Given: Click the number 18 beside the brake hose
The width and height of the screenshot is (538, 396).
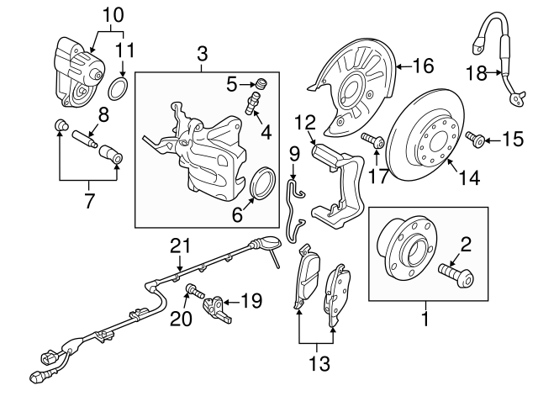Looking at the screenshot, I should [x=477, y=73].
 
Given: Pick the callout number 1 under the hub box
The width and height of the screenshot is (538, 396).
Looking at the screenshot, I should [x=425, y=320].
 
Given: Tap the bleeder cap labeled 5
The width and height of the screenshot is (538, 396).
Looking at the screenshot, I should [x=261, y=83].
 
